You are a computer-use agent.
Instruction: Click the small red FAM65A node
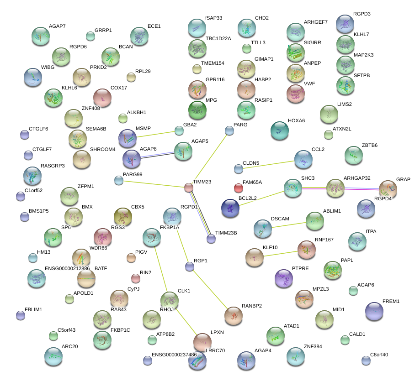[238, 188]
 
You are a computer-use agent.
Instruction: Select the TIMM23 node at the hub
[189, 187]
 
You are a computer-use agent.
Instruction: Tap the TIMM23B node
[211, 238]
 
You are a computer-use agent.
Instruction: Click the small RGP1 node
[190, 267]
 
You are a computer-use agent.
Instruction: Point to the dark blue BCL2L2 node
[230, 208]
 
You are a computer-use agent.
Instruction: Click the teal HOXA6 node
[279, 130]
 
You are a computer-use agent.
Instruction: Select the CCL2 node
[303, 159]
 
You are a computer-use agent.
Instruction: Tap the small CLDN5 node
[238, 169]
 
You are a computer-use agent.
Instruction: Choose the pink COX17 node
[102, 97]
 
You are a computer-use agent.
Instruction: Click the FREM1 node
[374, 311]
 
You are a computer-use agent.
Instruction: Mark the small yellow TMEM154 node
[197, 69]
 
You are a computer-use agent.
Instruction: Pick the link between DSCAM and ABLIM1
[289, 225]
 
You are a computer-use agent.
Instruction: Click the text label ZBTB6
[370, 146]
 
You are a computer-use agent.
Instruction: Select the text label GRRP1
[103, 30]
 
